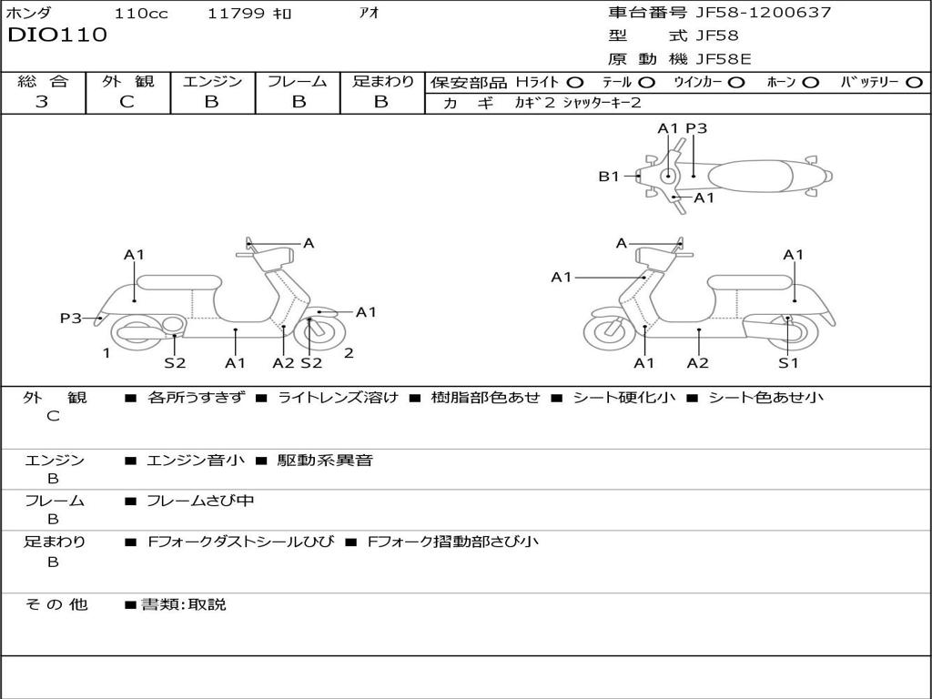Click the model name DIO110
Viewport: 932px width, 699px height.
tap(57, 35)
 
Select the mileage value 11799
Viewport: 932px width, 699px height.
tap(236, 14)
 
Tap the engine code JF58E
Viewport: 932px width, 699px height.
tap(724, 59)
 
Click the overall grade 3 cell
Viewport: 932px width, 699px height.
tap(42, 102)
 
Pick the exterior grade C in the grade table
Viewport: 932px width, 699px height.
tap(127, 102)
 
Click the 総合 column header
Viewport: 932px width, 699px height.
tap(43, 81)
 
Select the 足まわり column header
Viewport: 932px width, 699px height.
tap(382, 81)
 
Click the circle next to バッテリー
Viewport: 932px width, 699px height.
tap(914, 82)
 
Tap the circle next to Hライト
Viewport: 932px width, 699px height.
tap(576, 82)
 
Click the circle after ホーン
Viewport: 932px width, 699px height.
tap(810, 82)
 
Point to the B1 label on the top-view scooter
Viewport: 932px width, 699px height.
tap(608, 177)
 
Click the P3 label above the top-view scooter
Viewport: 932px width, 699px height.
tap(696, 128)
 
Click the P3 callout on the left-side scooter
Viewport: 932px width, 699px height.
tap(71, 318)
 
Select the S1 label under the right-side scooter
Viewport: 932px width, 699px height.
tap(788, 363)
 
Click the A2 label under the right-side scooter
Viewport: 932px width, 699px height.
tap(698, 363)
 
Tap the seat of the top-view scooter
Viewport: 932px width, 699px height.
tap(751, 175)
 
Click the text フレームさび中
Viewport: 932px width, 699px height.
tap(200, 501)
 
